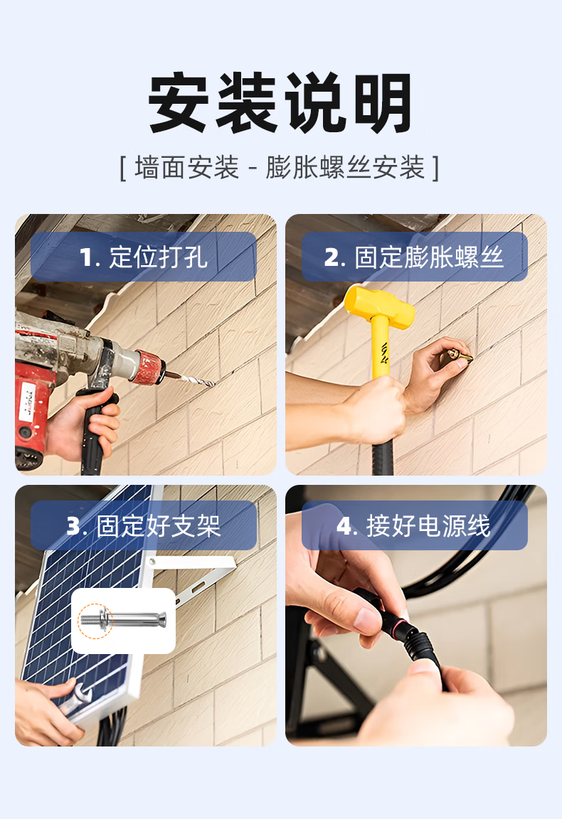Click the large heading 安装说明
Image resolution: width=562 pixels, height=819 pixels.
pyautogui.click(x=281, y=103)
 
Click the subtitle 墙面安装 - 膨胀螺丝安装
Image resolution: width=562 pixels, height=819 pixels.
pyautogui.click(x=280, y=168)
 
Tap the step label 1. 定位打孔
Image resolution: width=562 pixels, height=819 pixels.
pyautogui.click(x=143, y=257)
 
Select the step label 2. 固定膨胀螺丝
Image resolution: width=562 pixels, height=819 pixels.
pyautogui.click(x=414, y=257)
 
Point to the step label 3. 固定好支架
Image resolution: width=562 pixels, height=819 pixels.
pyautogui.click(x=143, y=525)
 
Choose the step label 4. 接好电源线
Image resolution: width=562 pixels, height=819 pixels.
pyautogui.click(x=414, y=525)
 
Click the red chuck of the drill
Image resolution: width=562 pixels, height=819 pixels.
pyautogui.click(x=149, y=366)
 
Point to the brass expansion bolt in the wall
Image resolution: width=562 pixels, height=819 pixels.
pyautogui.click(x=457, y=358)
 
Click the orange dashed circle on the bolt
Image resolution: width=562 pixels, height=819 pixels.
pyautogui.click(x=95, y=621)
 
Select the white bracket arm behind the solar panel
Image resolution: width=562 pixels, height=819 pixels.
pyautogui.click(x=196, y=574)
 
